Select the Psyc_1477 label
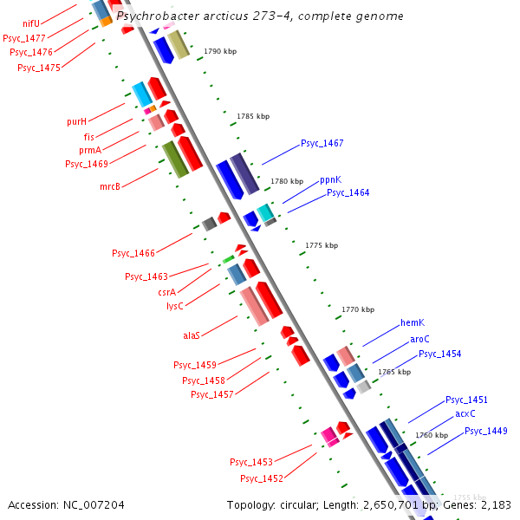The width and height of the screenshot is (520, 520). (x=24, y=38)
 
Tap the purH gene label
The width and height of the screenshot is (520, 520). (x=77, y=121)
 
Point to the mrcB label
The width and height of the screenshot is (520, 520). (x=109, y=185)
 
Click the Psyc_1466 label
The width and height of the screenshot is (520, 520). (x=133, y=253)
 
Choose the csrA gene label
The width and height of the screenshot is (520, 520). (x=167, y=292)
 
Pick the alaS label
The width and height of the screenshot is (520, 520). (x=192, y=335)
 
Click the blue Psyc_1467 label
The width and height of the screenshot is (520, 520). (x=322, y=143)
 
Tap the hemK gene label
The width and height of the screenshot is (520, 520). (x=412, y=322)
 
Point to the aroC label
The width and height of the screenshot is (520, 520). (x=420, y=339)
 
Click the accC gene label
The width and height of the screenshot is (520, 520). (x=465, y=413)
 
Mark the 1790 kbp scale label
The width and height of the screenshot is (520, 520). (x=219, y=52)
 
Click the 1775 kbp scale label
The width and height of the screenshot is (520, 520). (x=322, y=245)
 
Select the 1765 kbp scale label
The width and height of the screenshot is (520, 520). (x=393, y=372)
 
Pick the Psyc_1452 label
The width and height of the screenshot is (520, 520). (x=262, y=478)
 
